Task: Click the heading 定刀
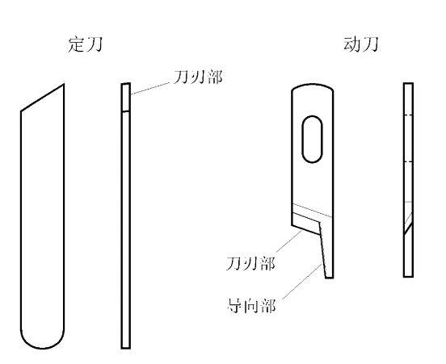point(85,44)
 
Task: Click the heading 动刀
point(361,44)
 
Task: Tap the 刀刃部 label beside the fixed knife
point(198,77)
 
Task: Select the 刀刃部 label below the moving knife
point(250,263)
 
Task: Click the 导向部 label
point(251,305)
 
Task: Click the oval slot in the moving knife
point(312,140)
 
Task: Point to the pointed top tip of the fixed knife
point(64,84)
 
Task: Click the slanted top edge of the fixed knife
point(42,98)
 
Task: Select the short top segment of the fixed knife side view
point(126,97)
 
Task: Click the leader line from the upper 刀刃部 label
point(152,88)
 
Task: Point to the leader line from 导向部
point(302,282)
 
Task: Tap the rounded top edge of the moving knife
point(313,86)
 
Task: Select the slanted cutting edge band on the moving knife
point(306,223)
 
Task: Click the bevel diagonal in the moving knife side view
point(409,228)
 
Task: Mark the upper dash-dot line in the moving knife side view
point(409,115)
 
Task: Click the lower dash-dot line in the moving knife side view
point(409,162)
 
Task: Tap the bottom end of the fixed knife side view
point(126,348)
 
